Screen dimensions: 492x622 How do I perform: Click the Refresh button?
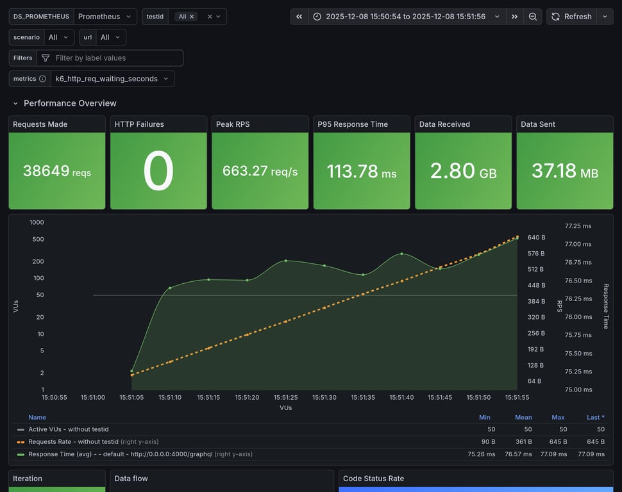pyautogui.click(x=571, y=17)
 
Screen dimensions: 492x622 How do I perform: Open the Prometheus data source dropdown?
pyautogui.click(x=105, y=17)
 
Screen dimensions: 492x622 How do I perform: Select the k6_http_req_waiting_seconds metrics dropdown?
pyautogui.click(x=112, y=79)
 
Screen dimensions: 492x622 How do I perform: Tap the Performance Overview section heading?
pyautogui.click(x=70, y=103)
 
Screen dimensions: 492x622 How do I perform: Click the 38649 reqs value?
pyautogui.click(x=56, y=171)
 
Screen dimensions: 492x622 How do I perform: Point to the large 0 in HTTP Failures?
pyautogui.click(x=158, y=171)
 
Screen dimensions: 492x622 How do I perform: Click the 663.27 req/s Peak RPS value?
pyautogui.click(x=260, y=171)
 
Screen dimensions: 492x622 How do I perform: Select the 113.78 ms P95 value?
pyautogui.click(x=361, y=171)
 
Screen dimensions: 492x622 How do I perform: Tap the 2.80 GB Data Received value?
pyautogui.click(x=463, y=171)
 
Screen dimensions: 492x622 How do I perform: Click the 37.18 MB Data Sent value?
pyautogui.click(x=564, y=171)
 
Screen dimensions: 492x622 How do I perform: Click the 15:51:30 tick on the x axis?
pyautogui.click(x=324, y=397)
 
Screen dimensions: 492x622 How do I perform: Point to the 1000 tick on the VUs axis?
pyautogui.click(x=37, y=222)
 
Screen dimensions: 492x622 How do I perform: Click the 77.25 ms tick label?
pyautogui.click(x=578, y=226)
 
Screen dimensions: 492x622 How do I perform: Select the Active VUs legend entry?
pyautogui.click(x=68, y=429)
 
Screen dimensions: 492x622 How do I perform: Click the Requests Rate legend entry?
pyautogui.click(x=74, y=441)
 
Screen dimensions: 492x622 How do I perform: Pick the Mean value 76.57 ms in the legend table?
pyautogui.click(x=518, y=454)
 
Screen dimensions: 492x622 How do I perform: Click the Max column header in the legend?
pyautogui.click(x=558, y=417)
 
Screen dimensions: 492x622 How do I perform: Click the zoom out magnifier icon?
pyautogui.click(x=533, y=17)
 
